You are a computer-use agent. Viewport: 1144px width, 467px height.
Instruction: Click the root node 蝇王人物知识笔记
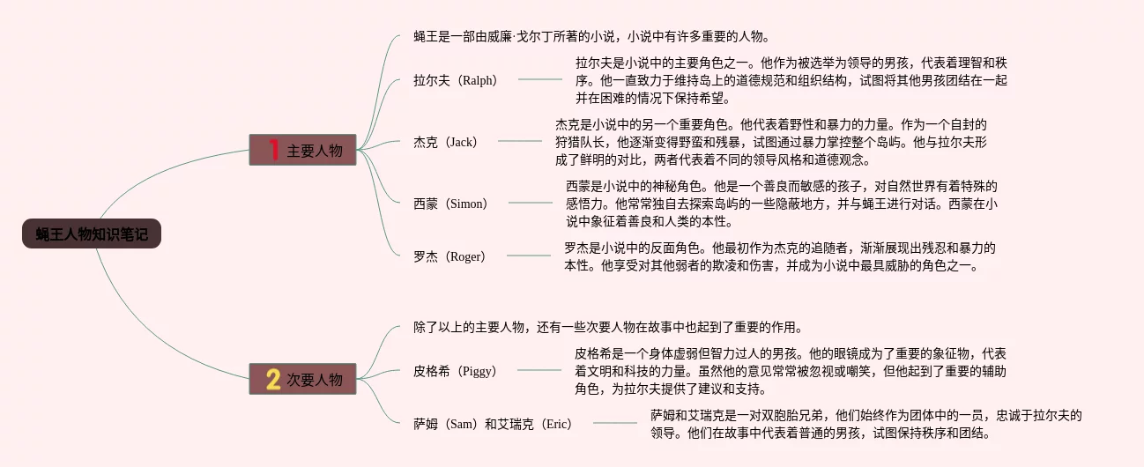tap(92, 233)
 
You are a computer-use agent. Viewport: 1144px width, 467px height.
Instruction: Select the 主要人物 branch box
tap(302, 151)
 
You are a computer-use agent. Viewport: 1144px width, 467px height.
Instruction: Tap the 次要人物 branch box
tap(302, 380)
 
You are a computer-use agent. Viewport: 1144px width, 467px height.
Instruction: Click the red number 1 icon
tap(273, 151)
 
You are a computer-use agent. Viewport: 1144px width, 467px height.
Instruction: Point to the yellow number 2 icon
tap(273, 380)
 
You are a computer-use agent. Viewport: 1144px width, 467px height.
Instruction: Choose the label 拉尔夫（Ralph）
tap(456, 80)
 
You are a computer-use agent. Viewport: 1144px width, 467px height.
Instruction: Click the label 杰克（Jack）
tap(446, 142)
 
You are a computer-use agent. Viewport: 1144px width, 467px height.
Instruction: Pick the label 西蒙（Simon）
tap(451, 204)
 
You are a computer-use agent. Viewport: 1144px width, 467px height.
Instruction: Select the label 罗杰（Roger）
tap(449, 256)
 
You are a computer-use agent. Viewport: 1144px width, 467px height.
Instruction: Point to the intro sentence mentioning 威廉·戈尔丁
tap(592, 36)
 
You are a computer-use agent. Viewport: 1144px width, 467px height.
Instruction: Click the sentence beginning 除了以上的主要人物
tap(608, 327)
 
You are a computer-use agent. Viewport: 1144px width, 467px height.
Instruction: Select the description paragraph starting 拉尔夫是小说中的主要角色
tap(791, 80)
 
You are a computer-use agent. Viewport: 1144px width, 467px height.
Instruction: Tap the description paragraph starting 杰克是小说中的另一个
tap(771, 142)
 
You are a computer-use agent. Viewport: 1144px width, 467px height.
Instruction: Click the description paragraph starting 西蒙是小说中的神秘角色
tap(782, 204)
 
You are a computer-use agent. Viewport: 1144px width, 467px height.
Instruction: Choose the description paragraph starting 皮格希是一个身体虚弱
tap(791, 371)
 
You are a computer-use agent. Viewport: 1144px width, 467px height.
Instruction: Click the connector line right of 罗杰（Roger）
tap(528, 256)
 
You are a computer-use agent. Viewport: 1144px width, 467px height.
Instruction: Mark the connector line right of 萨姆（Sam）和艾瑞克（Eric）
tap(614, 424)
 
